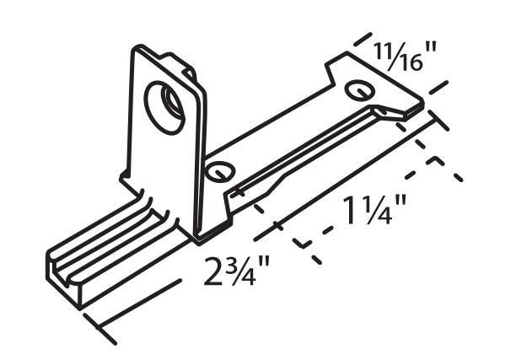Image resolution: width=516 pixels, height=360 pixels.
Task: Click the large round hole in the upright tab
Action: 164,104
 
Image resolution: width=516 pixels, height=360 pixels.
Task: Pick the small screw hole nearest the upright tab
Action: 220,170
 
